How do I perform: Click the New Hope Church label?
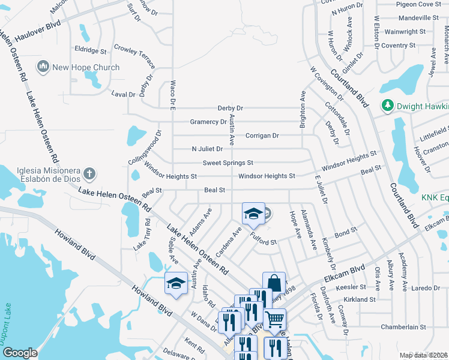coord(86,67)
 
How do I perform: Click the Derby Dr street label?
coord(231,109)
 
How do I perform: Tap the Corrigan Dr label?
coord(262,136)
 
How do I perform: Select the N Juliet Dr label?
coord(207,149)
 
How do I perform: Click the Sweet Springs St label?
coord(228,163)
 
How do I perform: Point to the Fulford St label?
coord(264,242)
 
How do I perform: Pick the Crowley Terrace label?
coord(134,56)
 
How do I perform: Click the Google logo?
coord(20,352)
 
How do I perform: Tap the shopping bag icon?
coord(274,283)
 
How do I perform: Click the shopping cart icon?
coord(274,319)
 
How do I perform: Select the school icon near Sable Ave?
coord(176,283)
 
